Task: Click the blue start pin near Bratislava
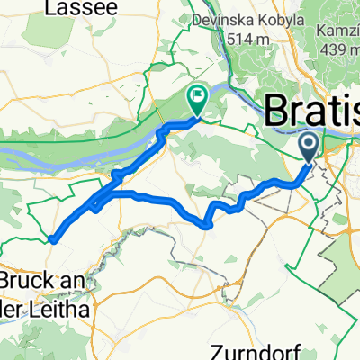click(x=308, y=145)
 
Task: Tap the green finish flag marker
click(x=196, y=95)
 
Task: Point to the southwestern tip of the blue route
click(x=52, y=239)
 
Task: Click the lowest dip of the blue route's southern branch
click(x=209, y=225)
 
